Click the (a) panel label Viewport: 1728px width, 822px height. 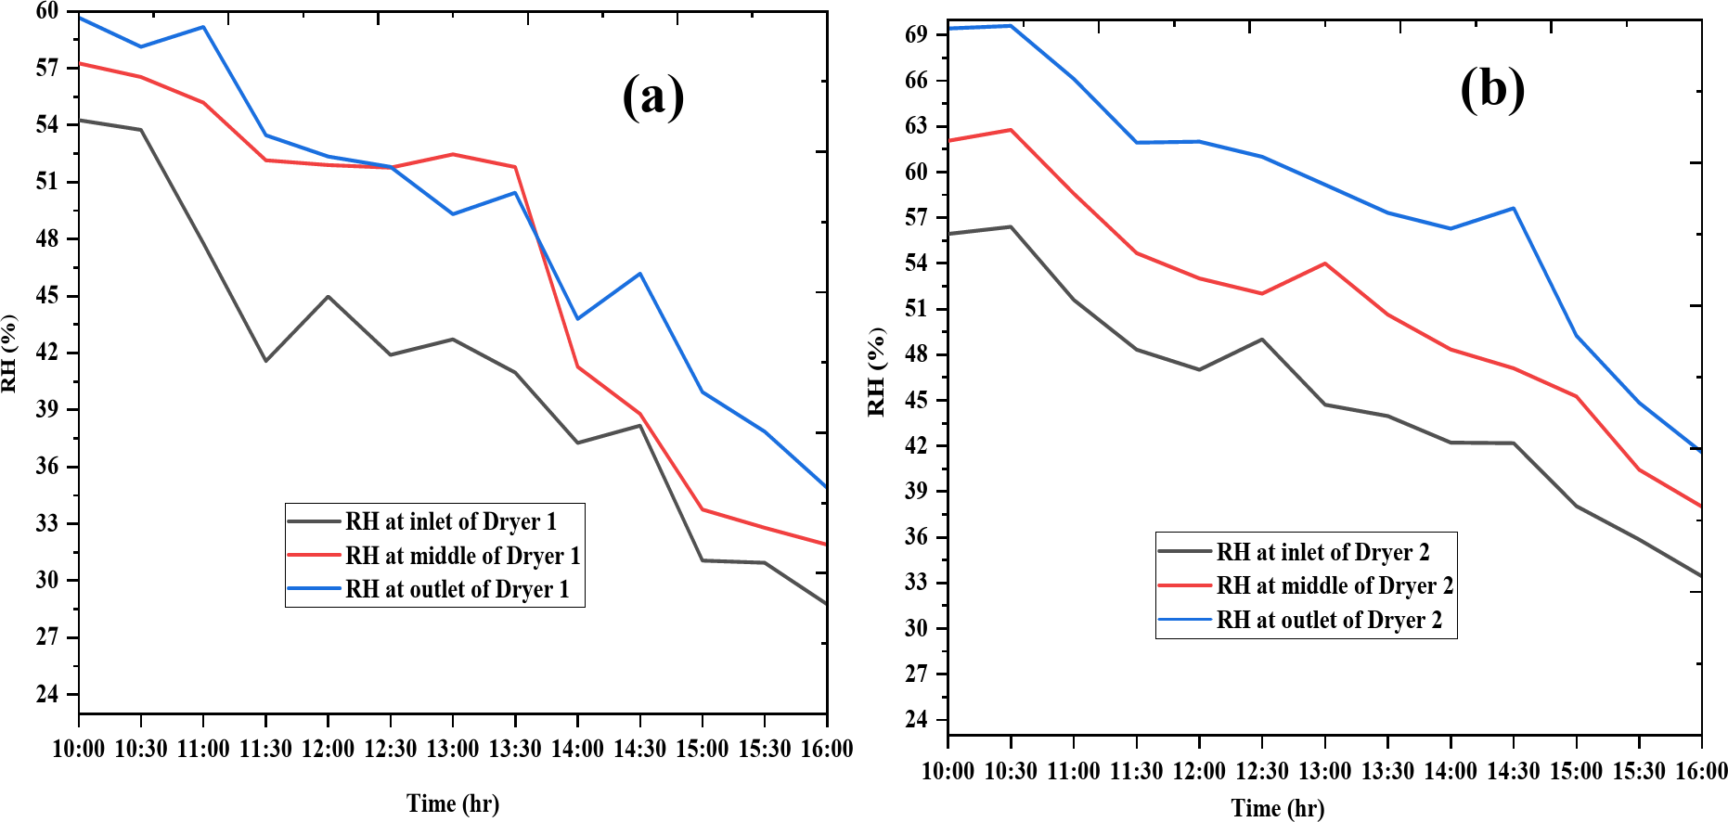pos(653,96)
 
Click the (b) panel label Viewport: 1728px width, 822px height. pos(1492,90)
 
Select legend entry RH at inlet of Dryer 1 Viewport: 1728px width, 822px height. pos(451,522)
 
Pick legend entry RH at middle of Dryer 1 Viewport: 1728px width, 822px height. pos(462,556)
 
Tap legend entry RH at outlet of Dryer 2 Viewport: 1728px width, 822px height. pos(1329,620)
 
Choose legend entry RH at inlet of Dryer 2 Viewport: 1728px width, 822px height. pos(1322,553)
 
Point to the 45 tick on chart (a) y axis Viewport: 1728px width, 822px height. pos(47,296)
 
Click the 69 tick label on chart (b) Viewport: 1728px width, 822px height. pos(916,34)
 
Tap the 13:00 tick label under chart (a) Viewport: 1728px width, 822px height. pos(453,749)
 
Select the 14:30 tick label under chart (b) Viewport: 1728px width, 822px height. pos(1514,771)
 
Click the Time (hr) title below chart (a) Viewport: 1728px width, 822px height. pos(453,803)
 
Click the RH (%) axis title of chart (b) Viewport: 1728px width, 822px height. pos(877,372)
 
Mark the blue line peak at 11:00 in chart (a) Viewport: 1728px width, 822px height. pos(203,27)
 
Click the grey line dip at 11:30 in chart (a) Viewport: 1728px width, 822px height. pos(266,360)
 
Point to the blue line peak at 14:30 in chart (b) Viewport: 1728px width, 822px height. pos(1514,208)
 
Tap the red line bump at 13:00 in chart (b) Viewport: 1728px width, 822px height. pos(1325,263)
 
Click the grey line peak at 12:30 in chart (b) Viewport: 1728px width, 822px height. pos(1262,340)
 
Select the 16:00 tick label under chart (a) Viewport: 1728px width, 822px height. pos(827,749)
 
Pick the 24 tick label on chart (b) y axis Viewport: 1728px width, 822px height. pos(916,719)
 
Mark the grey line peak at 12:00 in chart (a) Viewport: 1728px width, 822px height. pos(329,297)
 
